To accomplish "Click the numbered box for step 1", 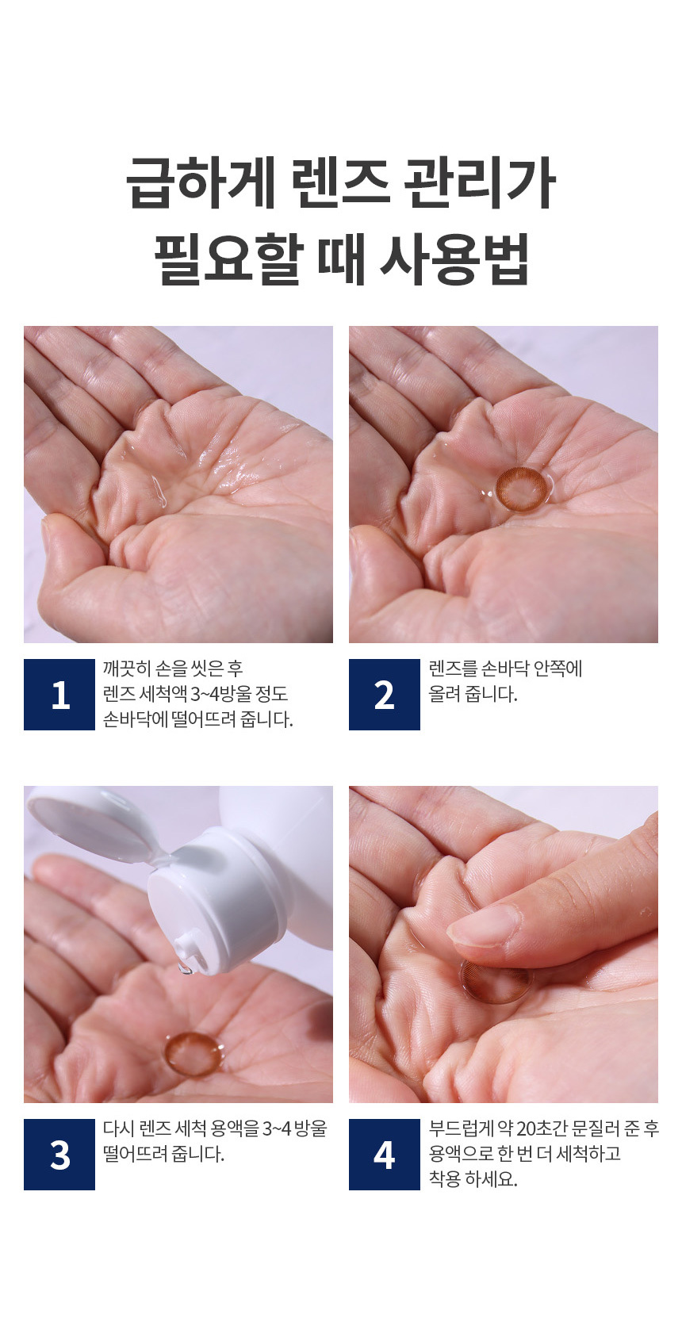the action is pyautogui.click(x=59, y=695).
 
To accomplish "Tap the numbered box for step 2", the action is pyautogui.click(x=385, y=695).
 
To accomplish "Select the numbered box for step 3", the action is pyautogui.click(x=59, y=1154).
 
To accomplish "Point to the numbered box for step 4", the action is pyautogui.click(x=385, y=1154).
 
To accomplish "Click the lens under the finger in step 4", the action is pyautogui.click(x=496, y=983).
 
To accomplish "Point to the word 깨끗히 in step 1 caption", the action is pyautogui.click(x=126, y=669).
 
